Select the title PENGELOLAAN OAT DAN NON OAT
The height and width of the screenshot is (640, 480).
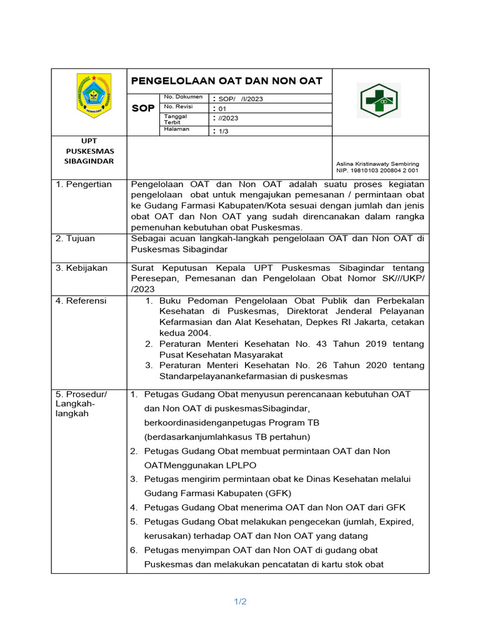pyautogui.click(x=226, y=81)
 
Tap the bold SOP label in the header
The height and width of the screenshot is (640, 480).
pyautogui.click(x=143, y=109)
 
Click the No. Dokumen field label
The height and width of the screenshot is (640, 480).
pyautogui.click(x=183, y=97)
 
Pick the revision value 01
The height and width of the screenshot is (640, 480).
pyautogui.click(x=222, y=108)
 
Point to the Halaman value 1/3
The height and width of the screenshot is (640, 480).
pyautogui.click(x=223, y=131)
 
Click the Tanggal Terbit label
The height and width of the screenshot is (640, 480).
pyautogui.click(x=176, y=119)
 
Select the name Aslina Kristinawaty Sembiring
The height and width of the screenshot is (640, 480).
pyautogui.click(x=377, y=164)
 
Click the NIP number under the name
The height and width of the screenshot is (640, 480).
pyautogui.click(x=377, y=171)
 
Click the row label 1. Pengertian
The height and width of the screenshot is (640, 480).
pyautogui.click(x=84, y=184)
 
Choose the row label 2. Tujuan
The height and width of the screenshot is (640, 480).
pyautogui.click(x=75, y=239)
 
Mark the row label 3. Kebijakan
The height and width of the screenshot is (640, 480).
pyautogui.click(x=81, y=268)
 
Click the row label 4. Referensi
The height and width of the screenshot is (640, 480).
pyautogui.click(x=81, y=301)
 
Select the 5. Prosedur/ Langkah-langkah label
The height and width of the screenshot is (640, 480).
pyautogui.click(x=81, y=404)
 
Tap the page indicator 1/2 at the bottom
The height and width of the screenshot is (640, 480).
pyautogui.click(x=241, y=602)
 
